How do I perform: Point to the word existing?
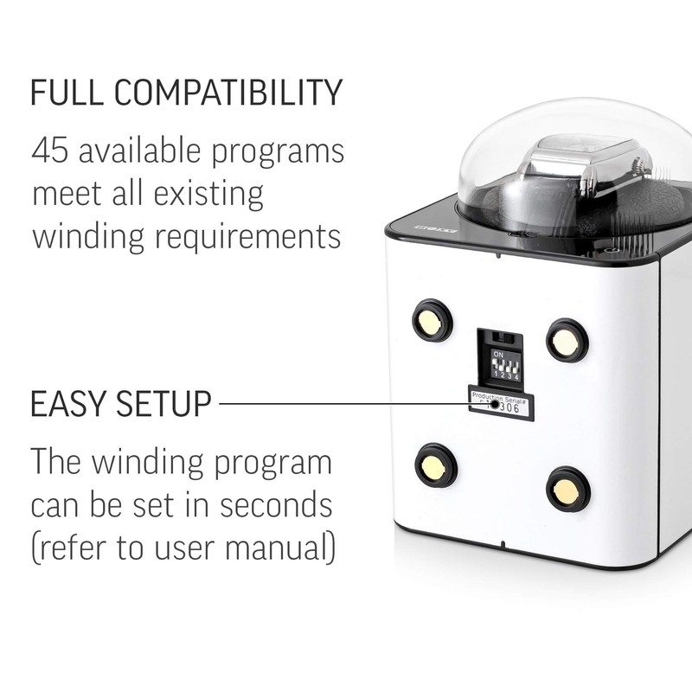click(x=212, y=195)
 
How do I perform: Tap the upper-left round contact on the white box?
click(x=432, y=320)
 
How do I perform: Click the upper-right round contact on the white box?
click(x=567, y=340)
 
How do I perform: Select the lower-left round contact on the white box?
click(x=435, y=465)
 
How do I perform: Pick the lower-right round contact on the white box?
click(x=568, y=489)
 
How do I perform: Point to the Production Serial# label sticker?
click(x=501, y=401)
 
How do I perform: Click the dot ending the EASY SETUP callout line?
click(x=494, y=403)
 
